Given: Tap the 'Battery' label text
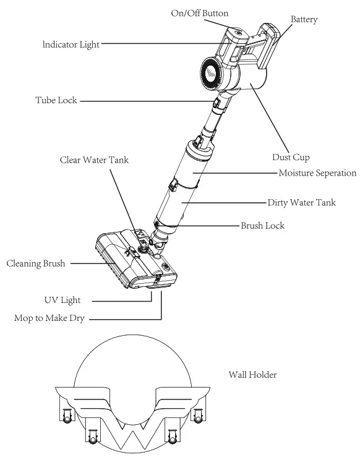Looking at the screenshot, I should (304, 19).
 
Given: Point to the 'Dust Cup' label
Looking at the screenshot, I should (291, 157).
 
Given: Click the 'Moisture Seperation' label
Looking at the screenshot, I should (317, 173).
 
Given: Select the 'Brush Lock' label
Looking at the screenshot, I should (262, 226).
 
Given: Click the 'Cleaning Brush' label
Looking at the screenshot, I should (36, 263).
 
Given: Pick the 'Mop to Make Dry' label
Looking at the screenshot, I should (49, 318).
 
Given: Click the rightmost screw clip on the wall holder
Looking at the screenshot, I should (198, 415).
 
